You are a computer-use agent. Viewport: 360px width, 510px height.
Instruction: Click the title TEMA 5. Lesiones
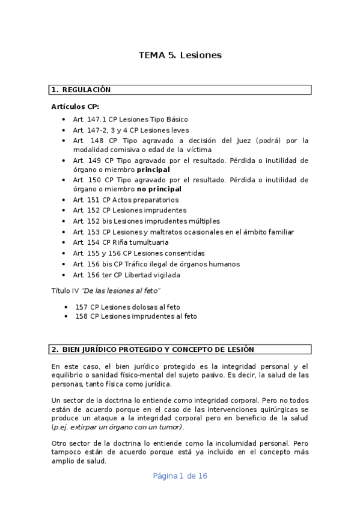[180, 55]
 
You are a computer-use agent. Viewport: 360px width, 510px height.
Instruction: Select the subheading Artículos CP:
[75, 106]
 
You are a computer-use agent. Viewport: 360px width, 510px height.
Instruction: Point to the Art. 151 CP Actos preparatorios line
[126, 200]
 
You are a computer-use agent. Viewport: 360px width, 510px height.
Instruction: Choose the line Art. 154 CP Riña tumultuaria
[121, 242]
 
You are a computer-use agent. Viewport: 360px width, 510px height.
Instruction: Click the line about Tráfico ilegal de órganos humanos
[156, 264]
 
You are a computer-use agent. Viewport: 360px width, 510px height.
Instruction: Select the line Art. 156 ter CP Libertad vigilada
[126, 275]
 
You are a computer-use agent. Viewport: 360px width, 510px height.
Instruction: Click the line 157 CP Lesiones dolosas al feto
[127, 307]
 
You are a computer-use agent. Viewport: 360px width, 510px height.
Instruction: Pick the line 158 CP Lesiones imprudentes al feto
[136, 316]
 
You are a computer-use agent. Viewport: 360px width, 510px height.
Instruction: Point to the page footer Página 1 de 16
[180, 476]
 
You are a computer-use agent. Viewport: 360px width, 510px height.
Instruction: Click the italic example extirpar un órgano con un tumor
[127, 426]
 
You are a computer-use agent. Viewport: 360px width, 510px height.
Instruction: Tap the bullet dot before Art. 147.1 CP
[64, 120]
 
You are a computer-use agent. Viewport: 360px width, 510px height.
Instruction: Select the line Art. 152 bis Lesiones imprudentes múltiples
[146, 221]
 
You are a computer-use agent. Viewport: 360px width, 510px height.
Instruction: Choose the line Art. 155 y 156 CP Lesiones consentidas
[138, 253]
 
